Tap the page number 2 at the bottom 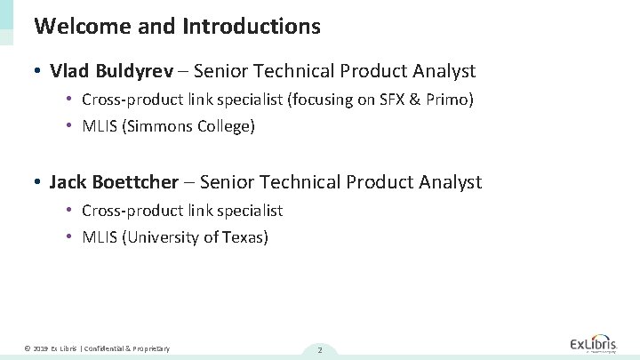tap(319, 349)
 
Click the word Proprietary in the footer tap(151, 348)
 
